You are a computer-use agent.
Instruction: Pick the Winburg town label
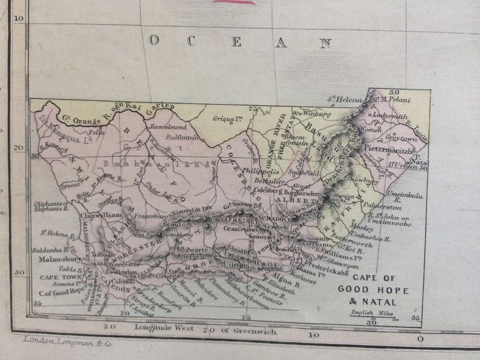coord(317,113)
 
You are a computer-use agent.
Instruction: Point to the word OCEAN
coord(241,42)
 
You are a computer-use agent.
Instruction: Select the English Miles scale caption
coord(369,312)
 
